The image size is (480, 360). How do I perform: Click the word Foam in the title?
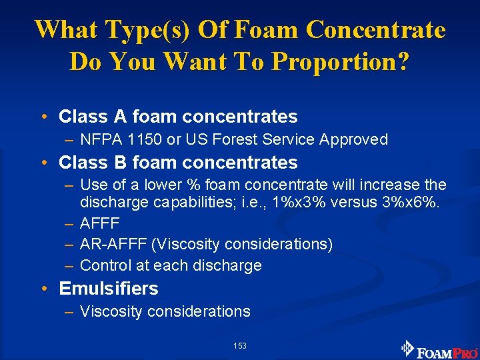coord(269,30)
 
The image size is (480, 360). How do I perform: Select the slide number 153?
coord(240,345)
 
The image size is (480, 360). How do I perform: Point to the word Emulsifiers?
coord(109,289)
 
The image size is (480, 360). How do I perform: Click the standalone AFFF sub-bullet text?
coord(99,223)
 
